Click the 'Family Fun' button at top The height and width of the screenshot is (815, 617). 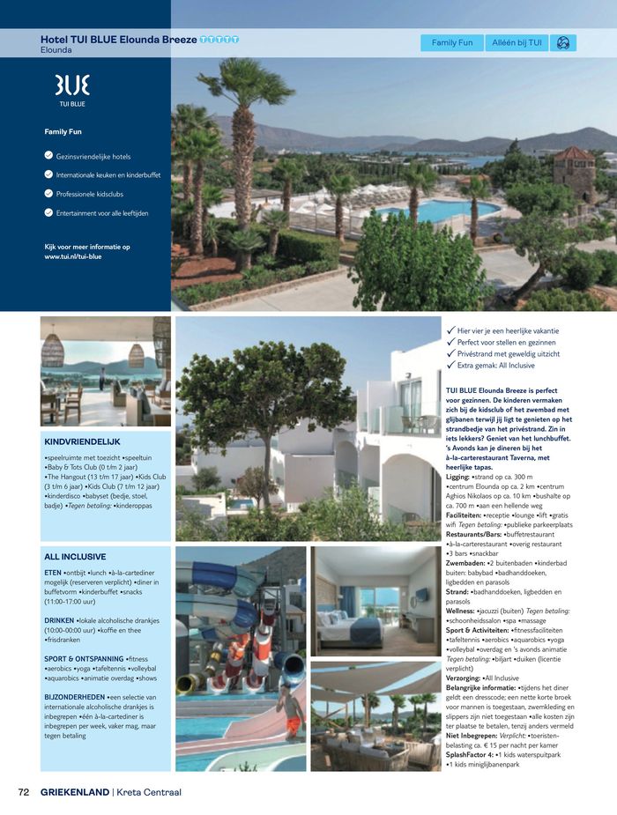[452, 42]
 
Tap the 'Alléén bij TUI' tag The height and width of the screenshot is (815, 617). [517, 42]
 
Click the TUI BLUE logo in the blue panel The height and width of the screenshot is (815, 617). [72, 89]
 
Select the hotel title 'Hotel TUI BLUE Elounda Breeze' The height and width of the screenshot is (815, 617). [119, 40]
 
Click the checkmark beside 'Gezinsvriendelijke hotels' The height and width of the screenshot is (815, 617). [48, 156]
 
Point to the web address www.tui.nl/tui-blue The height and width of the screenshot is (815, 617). [74, 256]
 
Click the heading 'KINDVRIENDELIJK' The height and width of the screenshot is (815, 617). [82, 441]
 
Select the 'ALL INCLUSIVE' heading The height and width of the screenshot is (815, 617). [75, 557]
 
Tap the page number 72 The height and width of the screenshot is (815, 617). [24, 792]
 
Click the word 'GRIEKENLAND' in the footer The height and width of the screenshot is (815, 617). [75, 792]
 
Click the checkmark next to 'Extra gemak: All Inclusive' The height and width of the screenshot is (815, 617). [450, 365]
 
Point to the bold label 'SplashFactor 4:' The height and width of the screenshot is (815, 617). [473, 755]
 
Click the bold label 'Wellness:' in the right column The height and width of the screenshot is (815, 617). [465, 611]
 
